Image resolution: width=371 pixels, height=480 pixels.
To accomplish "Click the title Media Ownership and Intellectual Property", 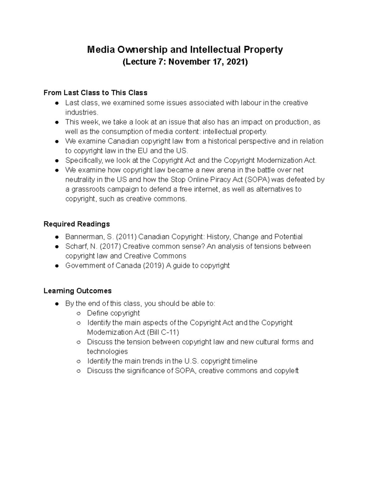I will (x=185, y=49).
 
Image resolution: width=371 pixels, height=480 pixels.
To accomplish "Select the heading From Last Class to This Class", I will (x=95, y=93).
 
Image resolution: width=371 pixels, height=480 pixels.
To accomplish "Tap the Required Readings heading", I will (x=77, y=224).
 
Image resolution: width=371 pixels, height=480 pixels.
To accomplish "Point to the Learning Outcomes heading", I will (x=78, y=291).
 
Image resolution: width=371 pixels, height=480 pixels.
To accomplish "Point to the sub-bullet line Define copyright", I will (x=113, y=313).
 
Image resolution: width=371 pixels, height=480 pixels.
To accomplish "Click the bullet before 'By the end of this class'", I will (x=57, y=304).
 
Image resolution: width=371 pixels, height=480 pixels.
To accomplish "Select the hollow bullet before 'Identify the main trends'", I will (x=79, y=361).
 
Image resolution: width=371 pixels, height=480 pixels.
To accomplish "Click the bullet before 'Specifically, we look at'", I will (x=57, y=161).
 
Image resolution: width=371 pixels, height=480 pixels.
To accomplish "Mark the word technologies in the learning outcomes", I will (x=107, y=351).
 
